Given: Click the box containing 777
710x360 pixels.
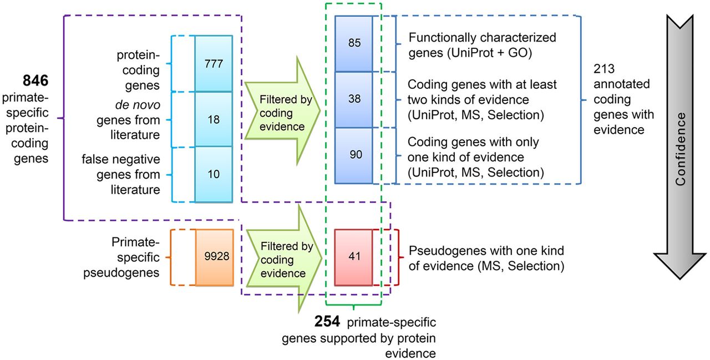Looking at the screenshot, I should tap(213, 64).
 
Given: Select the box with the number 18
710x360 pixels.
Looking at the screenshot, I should tap(213, 119).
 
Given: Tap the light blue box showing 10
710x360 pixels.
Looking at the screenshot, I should tap(213, 174).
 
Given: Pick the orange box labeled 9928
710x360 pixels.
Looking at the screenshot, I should tap(213, 257).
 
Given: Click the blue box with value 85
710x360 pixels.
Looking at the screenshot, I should tap(354, 44).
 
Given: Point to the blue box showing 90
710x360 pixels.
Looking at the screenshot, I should tap(354, 155).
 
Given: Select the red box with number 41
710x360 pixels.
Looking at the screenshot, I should tap(354, 257).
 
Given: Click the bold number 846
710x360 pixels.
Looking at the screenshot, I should tap(36, 81).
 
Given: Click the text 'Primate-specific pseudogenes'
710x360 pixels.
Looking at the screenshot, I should tap(135, 257).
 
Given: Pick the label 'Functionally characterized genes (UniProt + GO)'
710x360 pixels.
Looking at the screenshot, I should tap(481, 44).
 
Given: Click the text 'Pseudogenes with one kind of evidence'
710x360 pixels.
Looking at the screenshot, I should tap(486, 258).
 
